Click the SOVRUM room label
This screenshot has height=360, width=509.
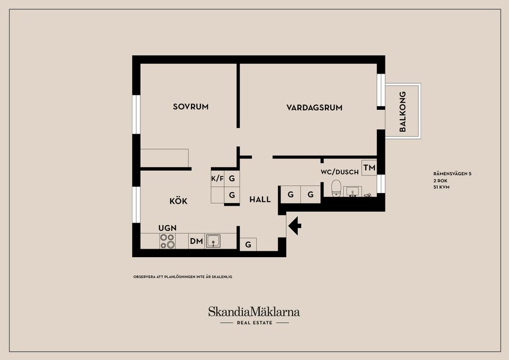[x=190, y=107]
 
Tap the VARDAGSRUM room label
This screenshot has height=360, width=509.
[x=314, y=108]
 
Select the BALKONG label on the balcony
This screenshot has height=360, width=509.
[x=402, y=111]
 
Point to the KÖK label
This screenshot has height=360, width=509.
[x=178, y=201]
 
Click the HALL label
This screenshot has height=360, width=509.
[x=260, y=200]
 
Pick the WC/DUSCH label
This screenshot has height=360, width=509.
[x=339, y=172]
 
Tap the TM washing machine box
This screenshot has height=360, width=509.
[x=369, y=168]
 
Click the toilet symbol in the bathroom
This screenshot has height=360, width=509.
[x=336, y=188]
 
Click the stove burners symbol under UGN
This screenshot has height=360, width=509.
[x=168, y=241]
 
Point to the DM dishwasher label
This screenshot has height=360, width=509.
[x=196, y=242]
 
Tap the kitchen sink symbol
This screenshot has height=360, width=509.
[x=213, y=241]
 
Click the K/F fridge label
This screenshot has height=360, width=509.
[x=217, y=179]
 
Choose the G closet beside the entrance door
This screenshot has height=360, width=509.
[x=248, y=245]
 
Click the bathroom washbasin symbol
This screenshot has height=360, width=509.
[x=352, y=191]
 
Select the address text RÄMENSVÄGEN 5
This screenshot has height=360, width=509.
[x=452, y=174]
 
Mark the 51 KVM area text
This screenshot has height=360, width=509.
[x=441, y=187]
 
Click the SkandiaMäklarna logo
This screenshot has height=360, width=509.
[x=253, y=311]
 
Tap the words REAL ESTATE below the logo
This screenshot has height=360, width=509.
[x=254, y=322]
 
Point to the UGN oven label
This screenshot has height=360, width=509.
[x=167, y=228]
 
